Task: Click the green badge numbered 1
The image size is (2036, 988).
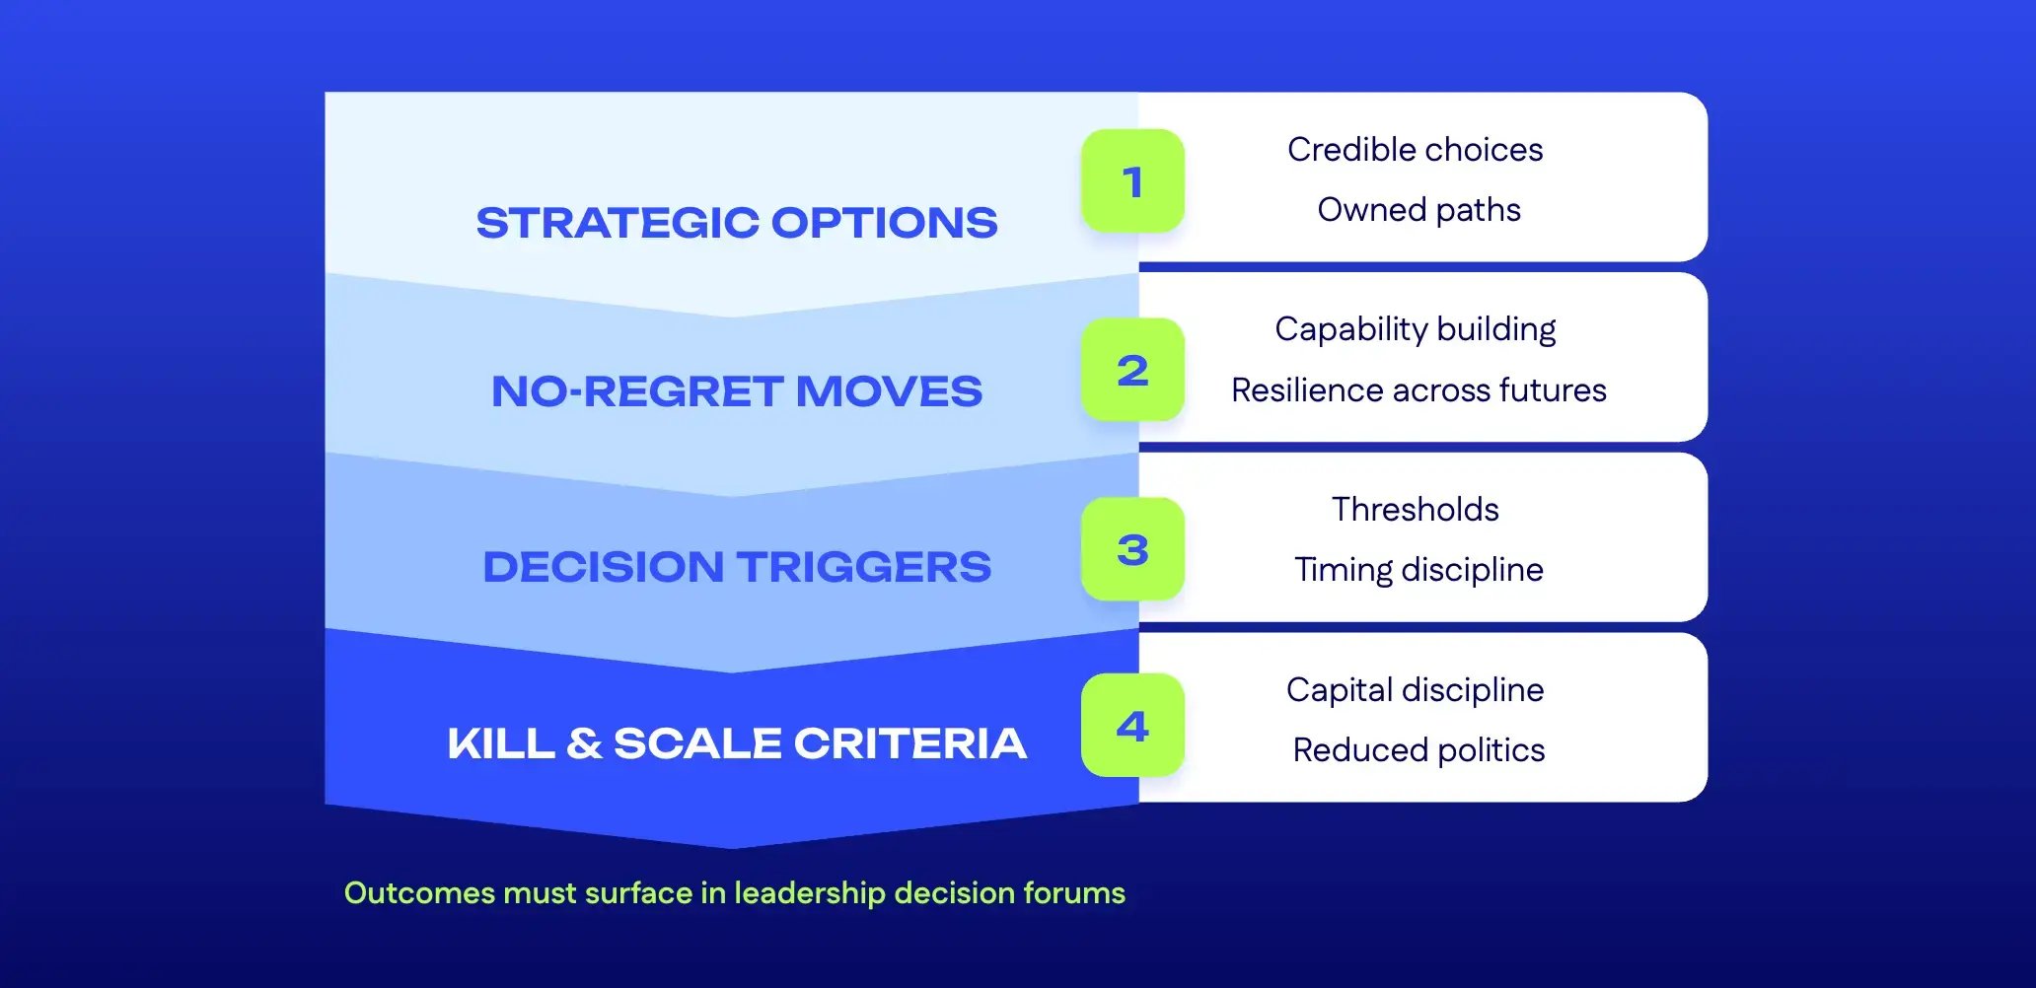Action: tap(1132, 181)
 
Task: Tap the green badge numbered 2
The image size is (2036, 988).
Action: tap(1132, 370)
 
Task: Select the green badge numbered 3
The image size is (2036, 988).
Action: tap(1132, 549)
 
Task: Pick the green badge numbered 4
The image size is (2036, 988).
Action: tap(1132, 726)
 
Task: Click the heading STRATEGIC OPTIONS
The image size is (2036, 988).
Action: tap(737, 223)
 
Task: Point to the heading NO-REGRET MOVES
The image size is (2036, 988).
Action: tap(737, 391)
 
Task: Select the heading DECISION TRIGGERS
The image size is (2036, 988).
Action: tap(737, 567)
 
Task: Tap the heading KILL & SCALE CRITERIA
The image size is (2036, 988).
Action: tap(737, 743)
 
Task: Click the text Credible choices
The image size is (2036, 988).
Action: tap(1415, 150)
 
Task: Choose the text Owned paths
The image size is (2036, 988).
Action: tap(1418, 210)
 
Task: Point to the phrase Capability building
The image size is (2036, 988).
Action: tap(1415, 329)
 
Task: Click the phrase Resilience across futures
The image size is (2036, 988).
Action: tap(1418, 390)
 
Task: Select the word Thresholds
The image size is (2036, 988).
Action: tap(1415, 510)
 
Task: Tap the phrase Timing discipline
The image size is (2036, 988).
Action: tap(1418, 570)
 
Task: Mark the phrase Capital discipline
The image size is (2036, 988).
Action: tap(1415, 690)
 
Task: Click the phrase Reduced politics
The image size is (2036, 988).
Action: tap(1418, 750)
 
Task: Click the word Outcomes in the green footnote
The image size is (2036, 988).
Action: tap(419, 893)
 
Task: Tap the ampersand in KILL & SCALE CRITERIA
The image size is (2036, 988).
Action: tap(584, 743)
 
